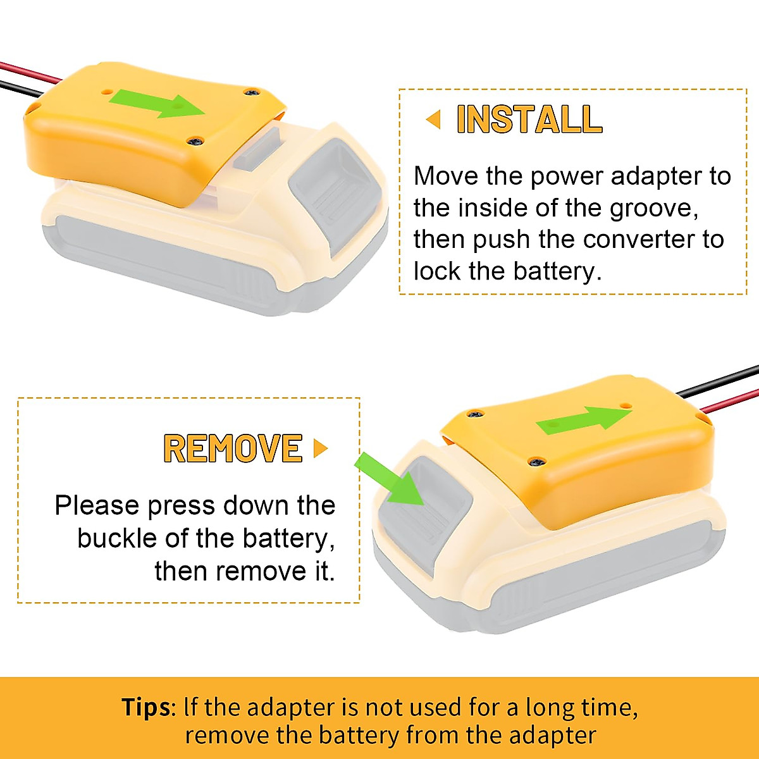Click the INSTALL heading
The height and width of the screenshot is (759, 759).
point(529,120)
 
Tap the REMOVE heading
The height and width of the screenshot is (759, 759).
point(233,448)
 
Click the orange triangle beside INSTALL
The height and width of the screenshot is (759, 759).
point(433,119)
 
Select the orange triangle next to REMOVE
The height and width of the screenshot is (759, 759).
point(321,448)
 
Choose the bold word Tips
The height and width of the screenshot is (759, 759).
point(145,707)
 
